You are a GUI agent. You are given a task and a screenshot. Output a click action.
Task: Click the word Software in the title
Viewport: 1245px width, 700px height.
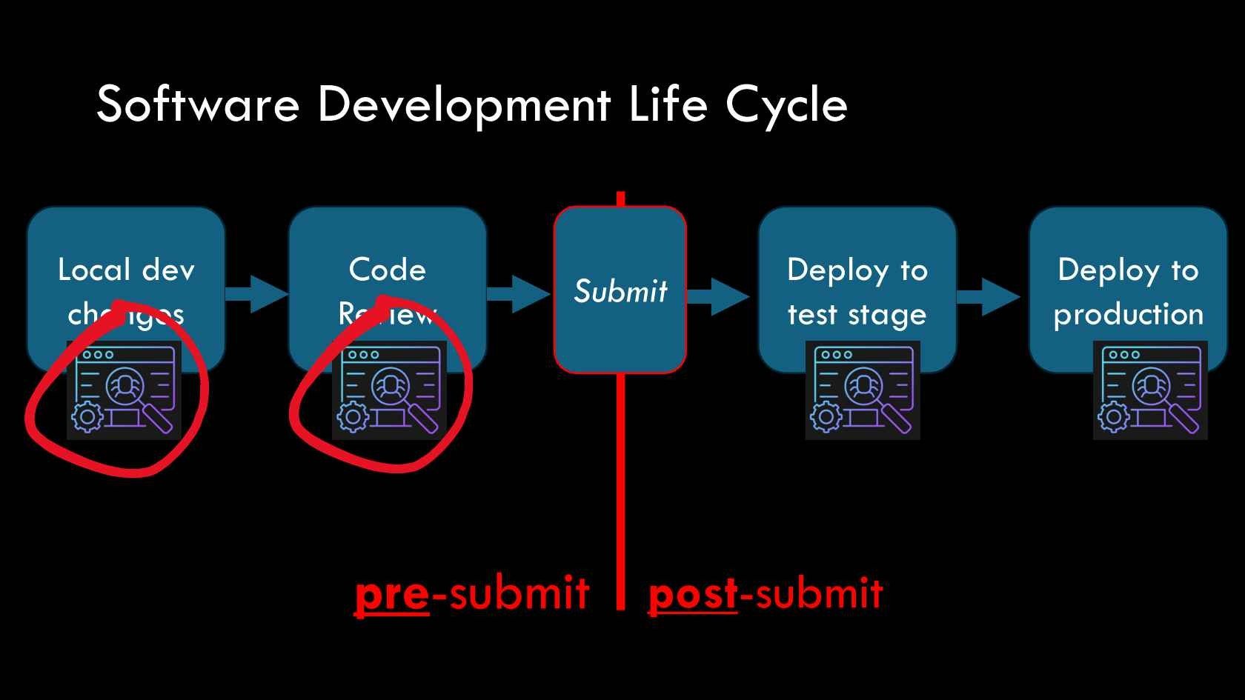point(198,104)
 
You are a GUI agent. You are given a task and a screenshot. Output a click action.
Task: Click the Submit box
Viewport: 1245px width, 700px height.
point(620,290)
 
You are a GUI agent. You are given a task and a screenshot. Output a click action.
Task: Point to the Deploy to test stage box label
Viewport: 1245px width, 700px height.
point(857,292)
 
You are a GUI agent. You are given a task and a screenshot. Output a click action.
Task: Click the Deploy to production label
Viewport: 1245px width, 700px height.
point(1128,292)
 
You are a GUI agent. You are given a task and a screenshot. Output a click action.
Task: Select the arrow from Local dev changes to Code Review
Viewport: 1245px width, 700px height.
point(256,294)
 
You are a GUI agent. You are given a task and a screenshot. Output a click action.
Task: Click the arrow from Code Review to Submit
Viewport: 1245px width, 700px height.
point(519,294)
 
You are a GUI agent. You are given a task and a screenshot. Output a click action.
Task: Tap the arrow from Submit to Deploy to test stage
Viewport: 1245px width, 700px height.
point(718,296)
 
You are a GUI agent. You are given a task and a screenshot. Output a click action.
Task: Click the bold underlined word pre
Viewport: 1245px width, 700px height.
point(392,594)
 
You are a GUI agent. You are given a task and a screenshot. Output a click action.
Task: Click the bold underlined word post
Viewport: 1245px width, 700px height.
point(693,594)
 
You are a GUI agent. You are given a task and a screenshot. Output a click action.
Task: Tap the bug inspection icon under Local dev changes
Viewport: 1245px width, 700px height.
point(124,390)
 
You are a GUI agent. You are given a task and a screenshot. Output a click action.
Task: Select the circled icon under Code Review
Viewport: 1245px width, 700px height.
point(390,390)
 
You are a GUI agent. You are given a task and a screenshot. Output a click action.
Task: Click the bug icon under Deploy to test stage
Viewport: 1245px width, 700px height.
point(863,390)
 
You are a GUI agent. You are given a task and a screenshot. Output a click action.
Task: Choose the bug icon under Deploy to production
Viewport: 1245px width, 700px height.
point(1150,390)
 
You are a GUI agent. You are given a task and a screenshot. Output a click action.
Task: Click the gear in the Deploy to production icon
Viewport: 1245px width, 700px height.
point(1113,417)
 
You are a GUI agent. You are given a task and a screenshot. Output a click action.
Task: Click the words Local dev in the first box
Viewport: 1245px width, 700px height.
point(126,270)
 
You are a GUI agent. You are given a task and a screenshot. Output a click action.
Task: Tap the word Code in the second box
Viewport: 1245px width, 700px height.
point(388,270)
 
